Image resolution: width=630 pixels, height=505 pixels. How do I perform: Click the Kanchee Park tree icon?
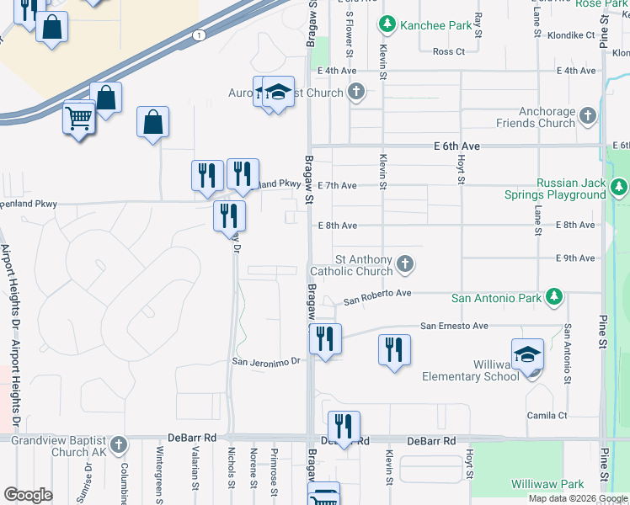click(x=387, y=25)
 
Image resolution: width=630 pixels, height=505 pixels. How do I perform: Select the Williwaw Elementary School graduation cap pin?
click(x=527, y=355)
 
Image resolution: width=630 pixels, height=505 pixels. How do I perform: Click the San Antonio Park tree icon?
click(x=553, y=297)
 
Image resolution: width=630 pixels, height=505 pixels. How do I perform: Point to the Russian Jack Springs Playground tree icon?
click(x=619, y=186)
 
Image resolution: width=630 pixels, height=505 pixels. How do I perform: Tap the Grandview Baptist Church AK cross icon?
click(x=119, y=444)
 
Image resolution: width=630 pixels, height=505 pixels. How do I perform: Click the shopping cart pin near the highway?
click(x=78, y=119)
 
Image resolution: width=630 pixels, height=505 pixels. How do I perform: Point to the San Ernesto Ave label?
click(x=455, y=326)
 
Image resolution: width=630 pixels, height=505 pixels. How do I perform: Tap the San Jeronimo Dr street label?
click(x=266, y=361)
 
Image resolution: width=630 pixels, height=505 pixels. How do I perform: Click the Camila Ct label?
click(x=547, y=416)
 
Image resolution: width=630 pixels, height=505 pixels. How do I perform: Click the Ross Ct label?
click(x=448, y=51)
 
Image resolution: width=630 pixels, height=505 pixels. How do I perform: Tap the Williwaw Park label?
click(x=547, y=484)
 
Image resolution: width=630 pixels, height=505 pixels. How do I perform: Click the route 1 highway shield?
click(x=199, y=35)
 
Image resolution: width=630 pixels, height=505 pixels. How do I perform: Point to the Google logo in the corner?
click(x=28, y=495)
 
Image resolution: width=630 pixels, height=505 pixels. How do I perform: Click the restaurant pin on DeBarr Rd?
click(x=344, y=428)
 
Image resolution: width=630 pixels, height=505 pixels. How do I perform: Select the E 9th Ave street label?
click(x=575, y=258)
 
